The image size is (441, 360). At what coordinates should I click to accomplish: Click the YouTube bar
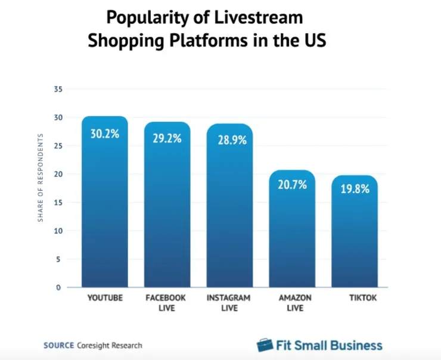(x=105, y=209)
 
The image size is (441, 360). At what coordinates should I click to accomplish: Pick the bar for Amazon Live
(x=292, y=232)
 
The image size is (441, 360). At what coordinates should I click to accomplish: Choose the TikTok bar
(x=355, y=235)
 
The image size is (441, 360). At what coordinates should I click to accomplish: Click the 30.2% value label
(x=105, y=134)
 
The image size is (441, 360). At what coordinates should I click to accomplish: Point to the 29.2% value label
(x=167, y=139)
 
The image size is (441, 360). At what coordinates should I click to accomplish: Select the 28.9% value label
(x=229, y=141)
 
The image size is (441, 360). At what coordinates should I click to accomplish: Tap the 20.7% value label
(x=292, y=185)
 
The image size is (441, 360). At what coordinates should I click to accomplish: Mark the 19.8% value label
(x=355, y=190)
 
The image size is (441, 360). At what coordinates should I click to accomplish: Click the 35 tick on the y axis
(x=58, y=89)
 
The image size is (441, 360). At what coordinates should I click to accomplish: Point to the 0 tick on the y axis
(x=60, y=287)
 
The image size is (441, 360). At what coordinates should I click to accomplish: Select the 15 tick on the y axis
(x=58, y=203)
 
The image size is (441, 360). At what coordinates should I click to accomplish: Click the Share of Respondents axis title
(x=41, y=178)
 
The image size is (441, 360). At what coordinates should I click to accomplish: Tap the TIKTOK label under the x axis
(x=355, y=297)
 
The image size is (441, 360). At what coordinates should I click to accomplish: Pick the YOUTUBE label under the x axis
(x=105, y=297)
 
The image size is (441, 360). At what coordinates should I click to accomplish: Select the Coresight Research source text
(x=110, y=345)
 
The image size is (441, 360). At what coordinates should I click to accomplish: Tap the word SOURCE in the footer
(x=59, y=345)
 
